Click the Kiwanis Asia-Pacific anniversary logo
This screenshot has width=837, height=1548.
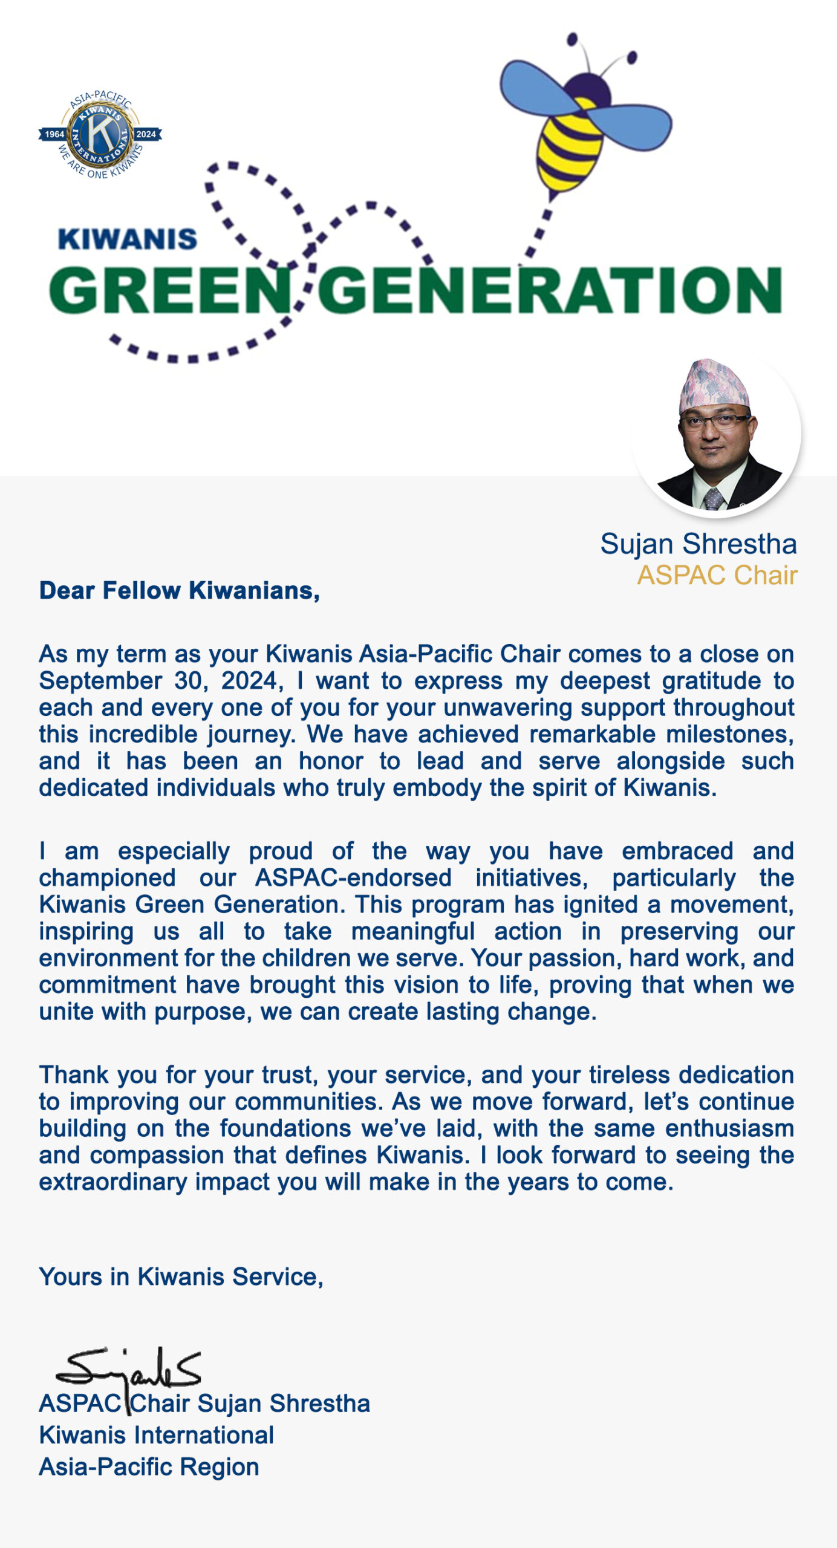pos(100,135)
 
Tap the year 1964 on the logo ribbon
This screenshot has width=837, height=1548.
pos(54,134)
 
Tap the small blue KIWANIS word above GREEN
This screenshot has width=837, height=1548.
pos(128,239)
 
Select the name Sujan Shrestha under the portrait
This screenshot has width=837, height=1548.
pos(698,544)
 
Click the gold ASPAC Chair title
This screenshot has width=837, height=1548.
pos(717,575)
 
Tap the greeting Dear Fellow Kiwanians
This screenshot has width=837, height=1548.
pos(179,591)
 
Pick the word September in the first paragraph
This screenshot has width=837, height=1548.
pos(100,681)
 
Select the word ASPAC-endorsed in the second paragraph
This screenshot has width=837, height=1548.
pos(353,878)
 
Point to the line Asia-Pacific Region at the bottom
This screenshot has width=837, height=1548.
pos(149,1466)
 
